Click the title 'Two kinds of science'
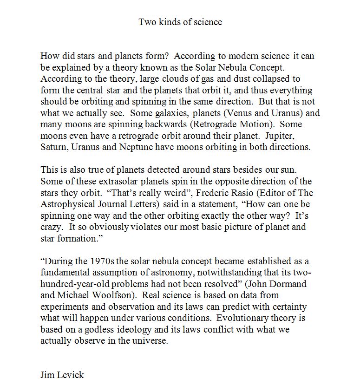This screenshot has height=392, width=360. pos(180,22)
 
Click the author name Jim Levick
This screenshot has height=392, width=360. pos(62,374)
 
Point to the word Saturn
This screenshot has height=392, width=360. pos(54,147)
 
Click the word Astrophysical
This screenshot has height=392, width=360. pos(70,204)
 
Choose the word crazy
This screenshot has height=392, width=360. pos(51,227)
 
